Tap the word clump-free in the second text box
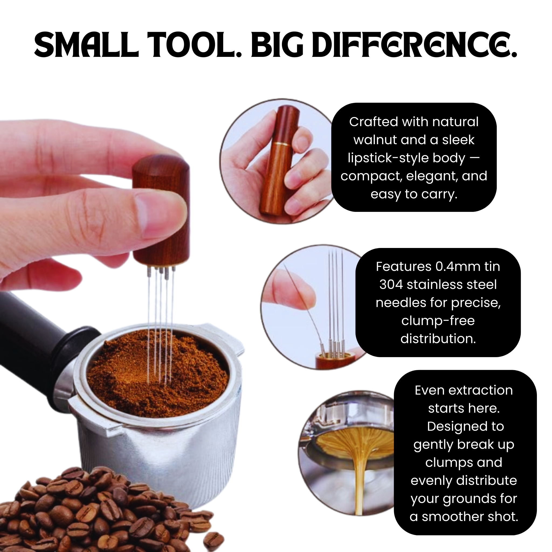click(438, 320)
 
